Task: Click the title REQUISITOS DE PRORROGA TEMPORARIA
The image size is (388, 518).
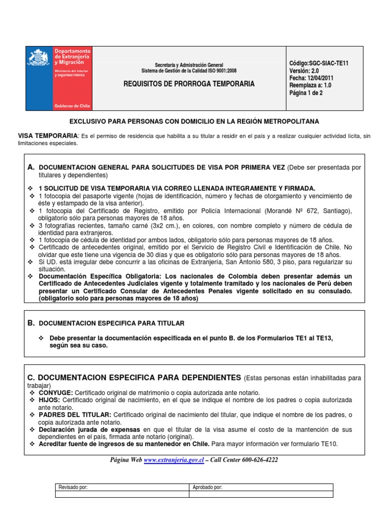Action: tap(189, 84)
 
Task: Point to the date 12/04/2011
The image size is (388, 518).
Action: tap(319, 78)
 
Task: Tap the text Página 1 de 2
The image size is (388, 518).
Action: tap(306, 93)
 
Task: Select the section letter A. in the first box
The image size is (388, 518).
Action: tap(31, 167)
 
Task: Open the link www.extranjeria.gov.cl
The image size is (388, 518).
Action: tap(174, 460)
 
